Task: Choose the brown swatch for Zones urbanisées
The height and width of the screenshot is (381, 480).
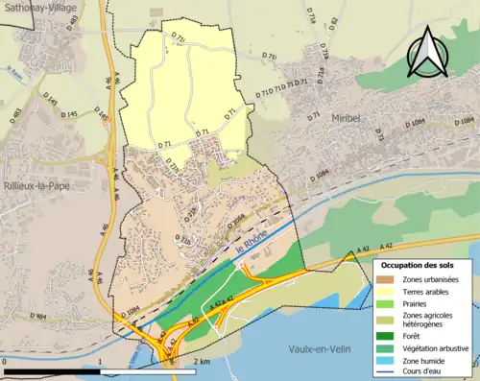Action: (388, 279)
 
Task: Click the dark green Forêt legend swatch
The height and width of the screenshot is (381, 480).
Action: (388, 336)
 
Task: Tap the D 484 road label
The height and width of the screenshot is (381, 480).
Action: (37, 316)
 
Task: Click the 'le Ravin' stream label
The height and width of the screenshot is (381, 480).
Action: (12, 71)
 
